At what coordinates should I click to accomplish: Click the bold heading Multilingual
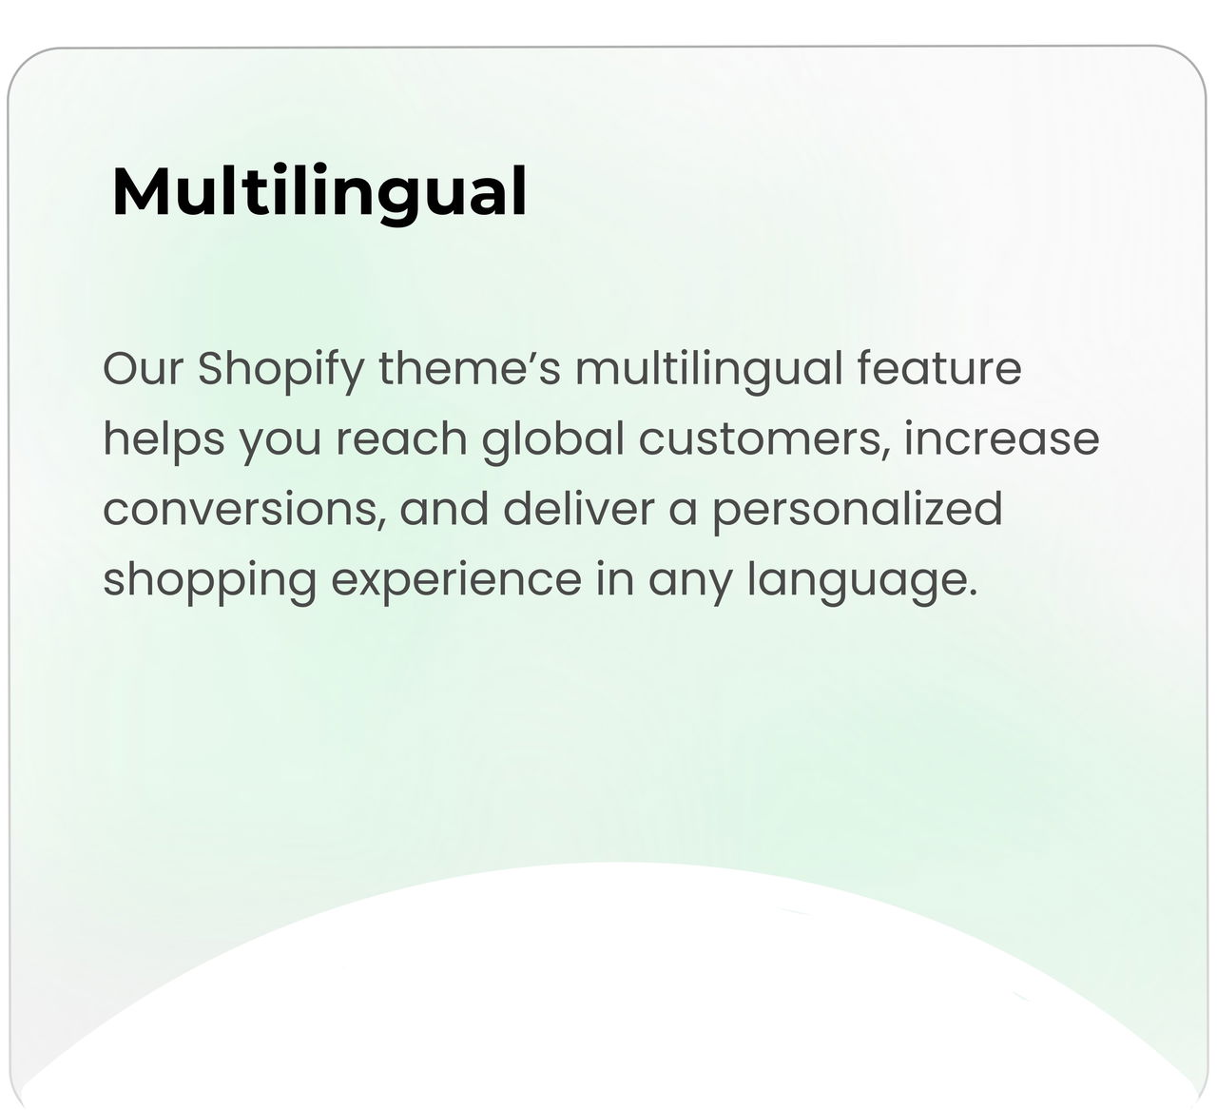pyautogui.click(x=319, y=193)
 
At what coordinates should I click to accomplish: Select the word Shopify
pyautogui.click(x=280, y=372)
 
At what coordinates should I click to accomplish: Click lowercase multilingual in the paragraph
pyautogui.click(x=708, y=372)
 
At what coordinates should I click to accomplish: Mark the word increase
pyautogui.click(x=1001, y=438)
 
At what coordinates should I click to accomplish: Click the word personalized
pyautogui.click(x=857, y=513)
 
